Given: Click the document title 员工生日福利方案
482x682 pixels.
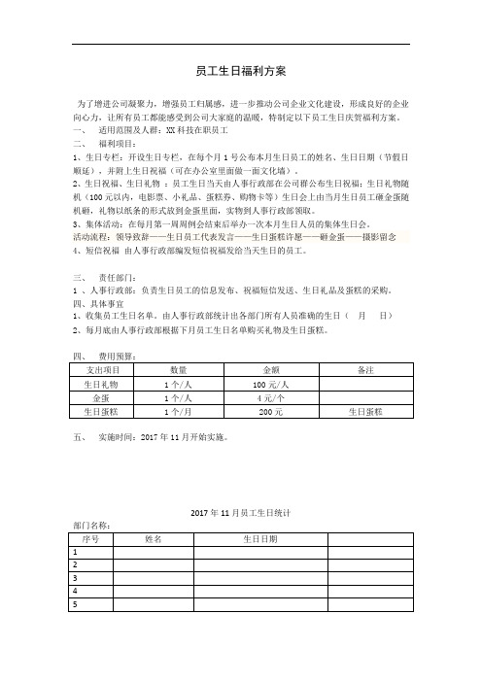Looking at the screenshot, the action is click(241, 71).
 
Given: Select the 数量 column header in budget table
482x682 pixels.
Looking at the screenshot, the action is click(178, 370).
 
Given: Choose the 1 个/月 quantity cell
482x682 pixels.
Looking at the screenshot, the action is click(178, 412).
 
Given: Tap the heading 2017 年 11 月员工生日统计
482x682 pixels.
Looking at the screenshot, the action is click(240, 511).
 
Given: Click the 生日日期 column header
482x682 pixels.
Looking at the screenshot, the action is click(259, 537).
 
